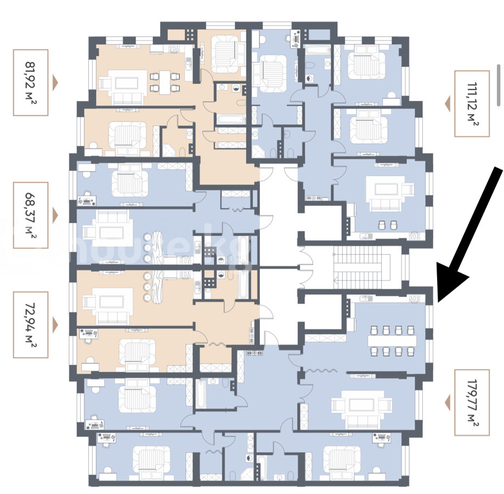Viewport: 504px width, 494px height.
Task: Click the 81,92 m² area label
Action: [x=30, y=82]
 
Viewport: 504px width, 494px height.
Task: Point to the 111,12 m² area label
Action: [x=472, y=103]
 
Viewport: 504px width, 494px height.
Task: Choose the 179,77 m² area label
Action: [x=472, y=402]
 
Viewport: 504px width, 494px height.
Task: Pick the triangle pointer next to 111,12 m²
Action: [x=447, y=103]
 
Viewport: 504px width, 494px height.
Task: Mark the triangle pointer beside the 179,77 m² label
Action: [x=447, y=402]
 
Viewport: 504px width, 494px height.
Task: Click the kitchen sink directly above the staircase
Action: [x=366, y=236]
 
